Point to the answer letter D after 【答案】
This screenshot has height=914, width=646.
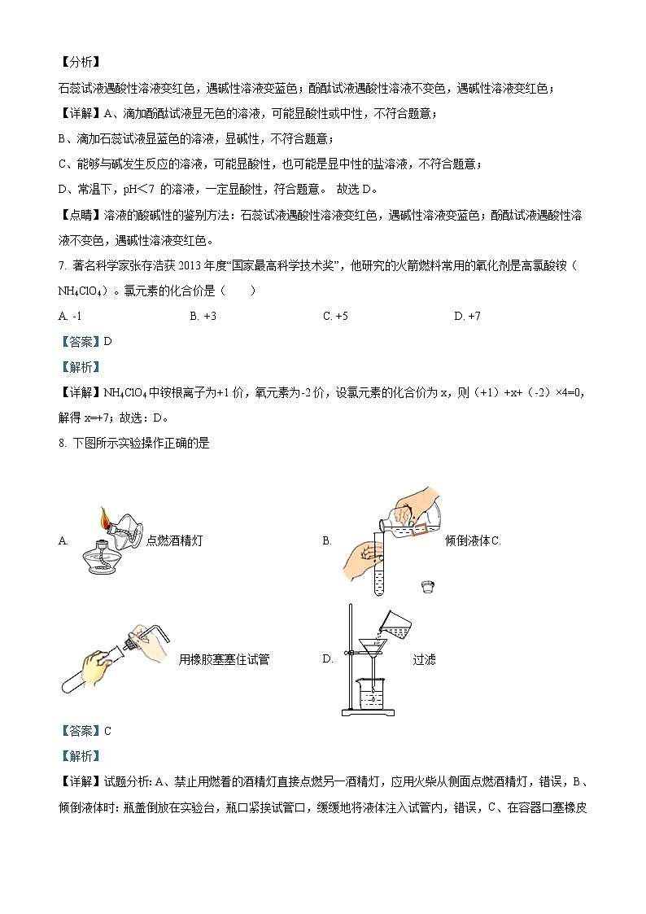(x=107, y=342)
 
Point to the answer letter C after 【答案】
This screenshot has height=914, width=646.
(x=107, y=731)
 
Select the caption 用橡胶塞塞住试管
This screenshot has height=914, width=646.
(x=224, y=659)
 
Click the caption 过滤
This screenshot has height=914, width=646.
(x=424, y=659)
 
